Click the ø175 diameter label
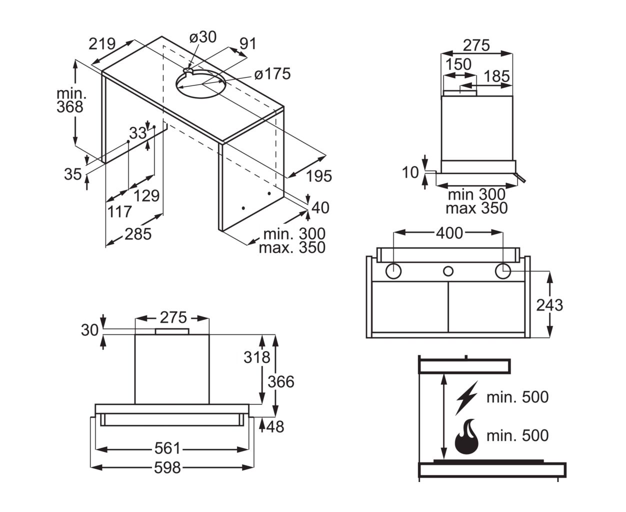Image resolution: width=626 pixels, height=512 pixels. (x=272, y=73)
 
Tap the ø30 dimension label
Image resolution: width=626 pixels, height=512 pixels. (x=202, y=37)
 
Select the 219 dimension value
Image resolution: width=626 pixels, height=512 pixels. (x=102, y=44)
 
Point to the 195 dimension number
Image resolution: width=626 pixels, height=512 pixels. (x=319, y=176)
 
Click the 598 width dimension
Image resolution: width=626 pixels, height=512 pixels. (x=167, y=467)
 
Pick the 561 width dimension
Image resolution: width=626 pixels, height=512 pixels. (x=167, y=448)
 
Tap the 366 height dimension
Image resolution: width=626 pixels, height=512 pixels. (x=281, y=381)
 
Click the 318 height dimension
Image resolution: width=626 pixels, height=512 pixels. (x=257, y=357)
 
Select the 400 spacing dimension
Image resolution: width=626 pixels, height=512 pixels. (x=449, y=233)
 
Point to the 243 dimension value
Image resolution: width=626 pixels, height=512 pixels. (x=549, y=305)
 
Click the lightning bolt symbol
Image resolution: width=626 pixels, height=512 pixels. (x=466, y=397)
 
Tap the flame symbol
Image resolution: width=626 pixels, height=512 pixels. (x=466, y=436)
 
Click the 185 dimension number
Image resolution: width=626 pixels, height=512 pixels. (x=496, y=76)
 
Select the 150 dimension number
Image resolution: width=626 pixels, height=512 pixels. (x=458, y=64)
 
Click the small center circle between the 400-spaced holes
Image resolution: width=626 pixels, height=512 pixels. (x=448, y=271)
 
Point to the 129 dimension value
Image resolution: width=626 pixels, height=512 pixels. (x=146, y=195)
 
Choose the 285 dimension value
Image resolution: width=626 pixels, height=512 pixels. (x=138, y=234)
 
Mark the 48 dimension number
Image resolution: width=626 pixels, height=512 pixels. (x=275, y=426)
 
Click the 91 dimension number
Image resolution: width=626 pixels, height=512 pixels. (x=248, y=43)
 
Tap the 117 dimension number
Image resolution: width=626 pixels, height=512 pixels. (x=119, y=211)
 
